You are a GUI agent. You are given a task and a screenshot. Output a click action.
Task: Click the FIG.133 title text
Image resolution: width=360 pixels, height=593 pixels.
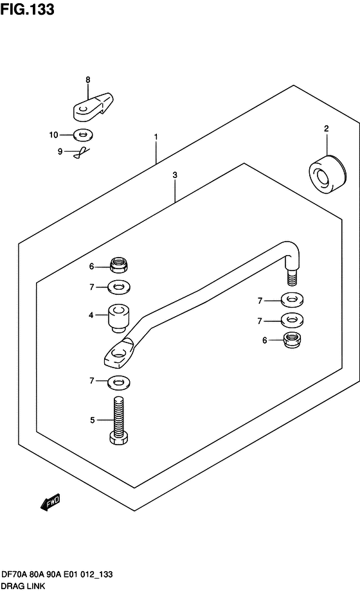click(27, 10)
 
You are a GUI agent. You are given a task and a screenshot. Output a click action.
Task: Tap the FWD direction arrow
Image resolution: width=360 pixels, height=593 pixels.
click(50, 503)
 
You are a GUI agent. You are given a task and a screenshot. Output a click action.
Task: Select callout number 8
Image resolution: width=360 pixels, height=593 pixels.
click(88, 80)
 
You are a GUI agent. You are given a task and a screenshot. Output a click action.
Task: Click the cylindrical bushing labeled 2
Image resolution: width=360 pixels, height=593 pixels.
click(328, 175)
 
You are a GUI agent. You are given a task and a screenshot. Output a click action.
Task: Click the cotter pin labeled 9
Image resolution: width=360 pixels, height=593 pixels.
click(82, 152)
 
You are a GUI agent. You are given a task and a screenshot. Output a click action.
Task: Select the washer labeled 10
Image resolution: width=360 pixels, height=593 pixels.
click(82, 134)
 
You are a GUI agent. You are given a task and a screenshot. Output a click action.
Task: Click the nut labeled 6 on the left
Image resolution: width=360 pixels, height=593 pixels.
click(118, 265)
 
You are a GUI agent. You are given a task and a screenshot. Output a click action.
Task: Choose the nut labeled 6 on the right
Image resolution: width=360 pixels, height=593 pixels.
click(292, 340)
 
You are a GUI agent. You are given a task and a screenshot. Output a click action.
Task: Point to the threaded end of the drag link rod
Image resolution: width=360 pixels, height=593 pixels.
click(292, 277)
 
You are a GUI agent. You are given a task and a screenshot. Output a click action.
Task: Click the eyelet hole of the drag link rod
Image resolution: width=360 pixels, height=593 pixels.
click(119, 355)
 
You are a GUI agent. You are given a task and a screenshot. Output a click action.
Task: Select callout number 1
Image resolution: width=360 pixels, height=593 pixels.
click(156, 137)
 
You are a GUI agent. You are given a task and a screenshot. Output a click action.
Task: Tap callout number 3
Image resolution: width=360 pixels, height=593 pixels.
click(175, 175)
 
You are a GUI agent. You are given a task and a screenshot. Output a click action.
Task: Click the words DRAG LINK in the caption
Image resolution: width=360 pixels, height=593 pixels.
click(24, 586)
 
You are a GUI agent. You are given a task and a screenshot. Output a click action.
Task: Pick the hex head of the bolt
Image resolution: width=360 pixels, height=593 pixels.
click(118, 439)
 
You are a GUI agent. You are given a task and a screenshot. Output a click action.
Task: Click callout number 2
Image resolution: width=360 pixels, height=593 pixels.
click(327, 128)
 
